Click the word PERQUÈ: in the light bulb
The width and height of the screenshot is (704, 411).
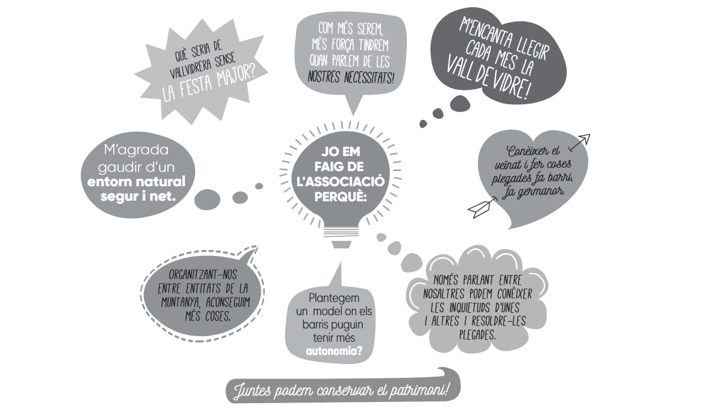pos(341,197)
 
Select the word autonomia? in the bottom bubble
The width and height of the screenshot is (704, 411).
pos(334,351)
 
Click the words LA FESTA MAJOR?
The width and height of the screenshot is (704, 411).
pos(209,85)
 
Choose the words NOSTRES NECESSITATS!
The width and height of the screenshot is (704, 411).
pos(351,78)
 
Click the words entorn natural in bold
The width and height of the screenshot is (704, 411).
pos(136,182)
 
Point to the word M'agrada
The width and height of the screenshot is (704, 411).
pos(136,150)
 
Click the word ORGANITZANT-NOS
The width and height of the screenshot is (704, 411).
pos(203,275)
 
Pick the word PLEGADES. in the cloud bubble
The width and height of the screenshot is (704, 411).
pos(477,335)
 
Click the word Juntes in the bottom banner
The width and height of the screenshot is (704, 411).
pos(253,391)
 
